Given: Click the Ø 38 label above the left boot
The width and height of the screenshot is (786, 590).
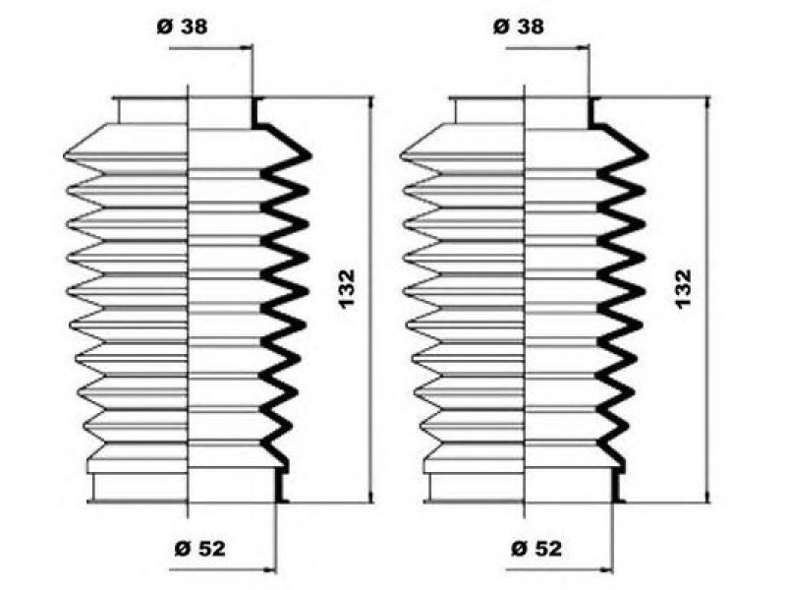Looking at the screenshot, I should pyautogui.click(x=183, y=27).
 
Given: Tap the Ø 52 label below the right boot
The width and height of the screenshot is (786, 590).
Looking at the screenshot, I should pyautogui.click(x=537, y=549).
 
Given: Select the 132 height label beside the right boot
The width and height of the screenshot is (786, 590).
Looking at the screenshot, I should pyautogui.click(x=685, y=287).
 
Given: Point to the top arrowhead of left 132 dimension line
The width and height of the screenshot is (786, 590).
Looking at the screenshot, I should pyautogui.click(x=371, y=102).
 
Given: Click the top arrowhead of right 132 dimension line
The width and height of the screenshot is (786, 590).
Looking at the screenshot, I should pyautogui.click(x=707, y=102).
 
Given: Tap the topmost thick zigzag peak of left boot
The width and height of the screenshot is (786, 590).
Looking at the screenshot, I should pyautogui.click(x=308, y=153).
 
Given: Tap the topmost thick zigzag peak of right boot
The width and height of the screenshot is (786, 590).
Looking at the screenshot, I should pyautogui.click(x=646, y=153).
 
